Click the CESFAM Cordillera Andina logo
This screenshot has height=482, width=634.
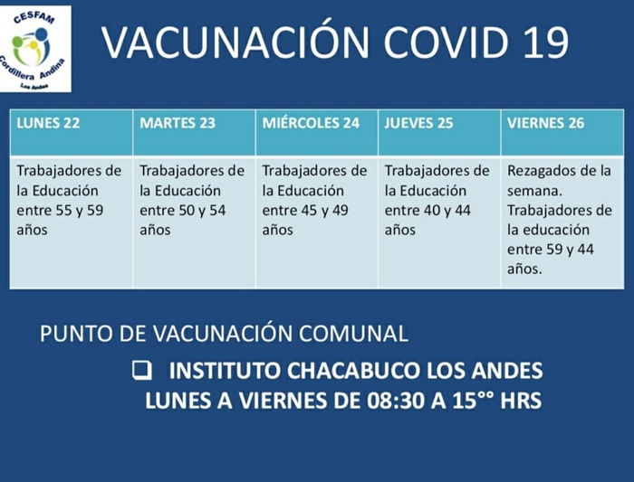tap(35, 49)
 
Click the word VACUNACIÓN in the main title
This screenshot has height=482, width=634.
tap(235, 42)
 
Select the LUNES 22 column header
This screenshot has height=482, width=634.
tap(72, 132)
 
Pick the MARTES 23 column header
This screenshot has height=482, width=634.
tap(194, 132)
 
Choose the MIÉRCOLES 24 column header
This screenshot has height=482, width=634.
tap(317, 132)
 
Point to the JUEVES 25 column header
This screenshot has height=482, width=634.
tap(439, 132)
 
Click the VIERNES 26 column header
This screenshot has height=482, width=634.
tap(562, 132)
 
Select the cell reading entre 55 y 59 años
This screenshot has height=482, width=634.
tap(72, 222)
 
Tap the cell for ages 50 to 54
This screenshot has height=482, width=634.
tap(194, 222)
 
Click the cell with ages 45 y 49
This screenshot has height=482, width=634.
tap(317, 222)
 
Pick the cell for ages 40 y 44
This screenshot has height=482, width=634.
tap(439, 222)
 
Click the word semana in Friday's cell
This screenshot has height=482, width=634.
tap(533, 192)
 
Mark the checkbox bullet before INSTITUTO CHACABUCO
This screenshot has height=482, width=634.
tap(142, 370)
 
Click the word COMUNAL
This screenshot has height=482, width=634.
tap(353, 334)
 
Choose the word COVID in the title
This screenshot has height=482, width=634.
tap(446, 42)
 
